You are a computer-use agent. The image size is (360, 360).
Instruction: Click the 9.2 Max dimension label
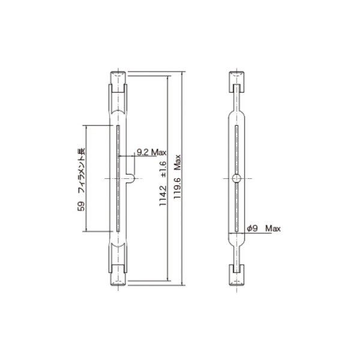click(151, 152)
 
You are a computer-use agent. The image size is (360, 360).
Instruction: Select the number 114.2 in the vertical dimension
click(162, 196)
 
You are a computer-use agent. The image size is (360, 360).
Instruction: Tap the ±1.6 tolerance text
click(162, 174)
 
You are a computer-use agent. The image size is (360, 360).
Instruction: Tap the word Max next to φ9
click(272, 229)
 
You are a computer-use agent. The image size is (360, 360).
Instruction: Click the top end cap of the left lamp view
click(118, 79)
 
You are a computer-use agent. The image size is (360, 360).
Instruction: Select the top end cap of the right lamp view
click(238, 79)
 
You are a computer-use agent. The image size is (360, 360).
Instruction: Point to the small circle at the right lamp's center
click(238, 178)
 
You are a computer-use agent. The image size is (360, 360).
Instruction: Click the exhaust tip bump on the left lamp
click(130, 178)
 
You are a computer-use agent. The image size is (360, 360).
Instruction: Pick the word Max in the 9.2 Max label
click(158, 152)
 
